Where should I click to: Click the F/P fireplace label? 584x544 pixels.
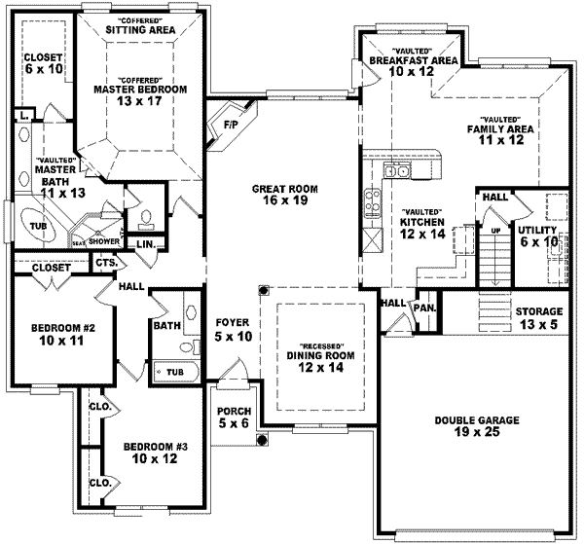point(231,125)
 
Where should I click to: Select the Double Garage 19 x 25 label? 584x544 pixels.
point(477,426)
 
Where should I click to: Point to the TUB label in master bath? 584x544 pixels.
point(37,226)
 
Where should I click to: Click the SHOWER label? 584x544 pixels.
point(104,240)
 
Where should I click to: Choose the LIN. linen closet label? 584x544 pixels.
point(145,243)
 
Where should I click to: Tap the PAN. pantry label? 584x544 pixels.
point(424,308)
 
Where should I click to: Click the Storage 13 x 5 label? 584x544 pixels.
point(538,318)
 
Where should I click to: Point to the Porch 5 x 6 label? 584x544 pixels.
point(234,417)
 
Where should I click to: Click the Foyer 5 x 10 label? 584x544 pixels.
point(234,328)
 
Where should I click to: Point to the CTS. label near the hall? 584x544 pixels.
point(107,263)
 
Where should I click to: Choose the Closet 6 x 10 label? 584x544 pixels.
point(43,63)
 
